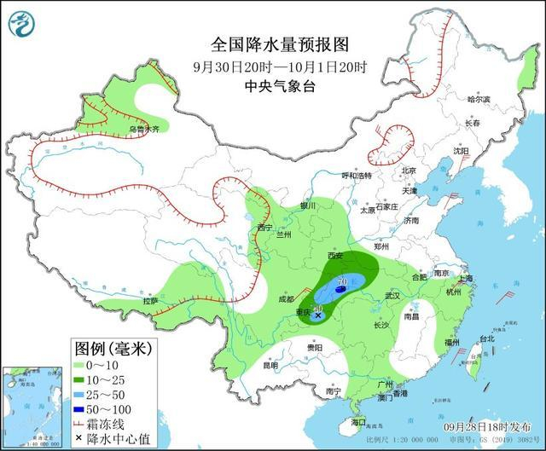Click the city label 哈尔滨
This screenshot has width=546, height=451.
tap(479, 100)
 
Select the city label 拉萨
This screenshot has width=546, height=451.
tap(150, 301)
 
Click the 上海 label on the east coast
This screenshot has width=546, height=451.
tap(465, 279)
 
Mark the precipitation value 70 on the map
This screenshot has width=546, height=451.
tap(342, 280)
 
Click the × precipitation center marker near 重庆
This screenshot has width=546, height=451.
tap(318, 315)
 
